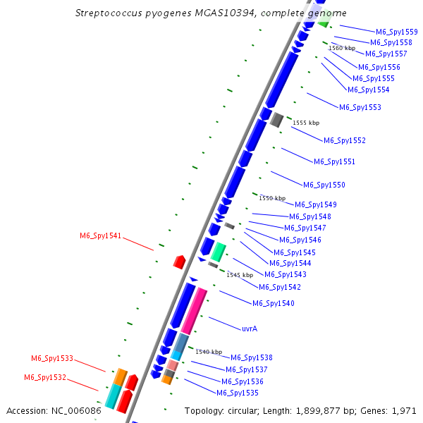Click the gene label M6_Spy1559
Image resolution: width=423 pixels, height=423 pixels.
pyautogui.click(x=396, y=32)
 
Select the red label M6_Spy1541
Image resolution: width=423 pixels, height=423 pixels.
pyautogui.click(x=100, y=235)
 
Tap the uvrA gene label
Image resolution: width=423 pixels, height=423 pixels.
pyautogui.click(x=250, y=329)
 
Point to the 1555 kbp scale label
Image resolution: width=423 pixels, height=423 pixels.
pyautogui.click(x=306, y=123)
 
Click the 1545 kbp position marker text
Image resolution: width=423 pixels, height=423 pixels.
pyautogui.click(x=240, y=275)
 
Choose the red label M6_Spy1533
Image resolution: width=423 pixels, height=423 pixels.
pyautogui.click(x=52, y=358)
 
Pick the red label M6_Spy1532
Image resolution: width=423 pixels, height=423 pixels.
pyautogui.click(x=45, y=377)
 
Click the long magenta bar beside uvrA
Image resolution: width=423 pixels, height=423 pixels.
pyautogui.click(x=194, y=311)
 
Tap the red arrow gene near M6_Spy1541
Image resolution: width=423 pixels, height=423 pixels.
pyautogui.click(x=179, y=262)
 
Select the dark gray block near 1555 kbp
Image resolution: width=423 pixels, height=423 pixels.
pyautogui.click(x=276, y=120)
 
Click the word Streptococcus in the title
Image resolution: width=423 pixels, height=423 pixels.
pyautogui.click(x=109, y=13)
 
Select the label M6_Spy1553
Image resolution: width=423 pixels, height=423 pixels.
pyautogui.click(x=360, y=107)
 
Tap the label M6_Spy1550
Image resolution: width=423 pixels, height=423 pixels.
pyautogui.click(x=324, y=185)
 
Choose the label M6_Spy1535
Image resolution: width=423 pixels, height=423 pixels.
pyautogui.click(x=238, y=393)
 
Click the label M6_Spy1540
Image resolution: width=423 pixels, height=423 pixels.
pyautogui.click(x=274, y=303)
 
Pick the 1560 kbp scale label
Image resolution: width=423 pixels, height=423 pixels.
pyautogui.click(x=342, y=48)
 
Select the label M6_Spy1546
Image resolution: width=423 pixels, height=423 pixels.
pyautogui.click(x=300, y=240)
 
